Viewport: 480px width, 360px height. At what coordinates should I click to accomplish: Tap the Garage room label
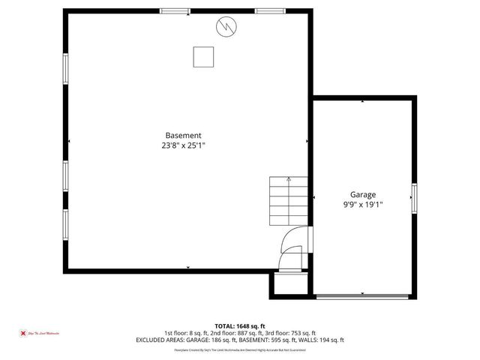(363, 193)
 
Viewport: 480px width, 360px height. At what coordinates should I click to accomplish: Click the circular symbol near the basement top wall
(225, 28)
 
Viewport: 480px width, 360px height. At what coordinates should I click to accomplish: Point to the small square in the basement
(203, 57)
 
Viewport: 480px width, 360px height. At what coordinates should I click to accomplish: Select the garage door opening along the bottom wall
(364, 297)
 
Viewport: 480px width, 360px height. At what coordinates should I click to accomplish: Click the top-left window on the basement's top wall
(175, 10)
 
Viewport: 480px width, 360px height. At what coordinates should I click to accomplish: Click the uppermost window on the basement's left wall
(65, 70)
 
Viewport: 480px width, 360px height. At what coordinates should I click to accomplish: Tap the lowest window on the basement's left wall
(65, 222)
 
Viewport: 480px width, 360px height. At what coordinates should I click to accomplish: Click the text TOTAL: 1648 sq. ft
(239, 326)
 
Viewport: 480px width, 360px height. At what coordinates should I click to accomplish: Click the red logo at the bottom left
(23, 332)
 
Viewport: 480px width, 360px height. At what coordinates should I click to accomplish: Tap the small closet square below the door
(288, 283)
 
